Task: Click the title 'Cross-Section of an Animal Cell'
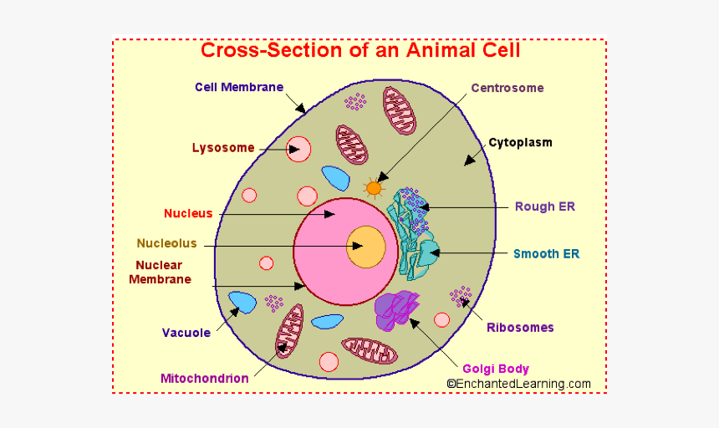coord(359,50)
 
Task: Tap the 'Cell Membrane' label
coord(239,87)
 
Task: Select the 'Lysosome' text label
coord(223,148)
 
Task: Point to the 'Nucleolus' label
coord(167,243)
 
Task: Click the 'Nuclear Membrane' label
coord(160,273)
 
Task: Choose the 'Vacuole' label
coord(186,333)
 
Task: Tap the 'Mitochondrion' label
coord(204,378)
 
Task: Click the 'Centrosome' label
coord(507,88)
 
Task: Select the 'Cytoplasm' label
coord(520,142)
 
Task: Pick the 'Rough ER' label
coord(545,206)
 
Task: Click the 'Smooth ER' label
coord(547,253)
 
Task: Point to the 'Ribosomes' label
coord(520,328)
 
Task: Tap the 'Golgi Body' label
coord(496,369)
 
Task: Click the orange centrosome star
coord(374,188)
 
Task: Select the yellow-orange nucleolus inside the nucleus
coord(366,247)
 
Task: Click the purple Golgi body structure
coord(395,309)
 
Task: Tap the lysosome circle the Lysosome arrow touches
coord(298,150)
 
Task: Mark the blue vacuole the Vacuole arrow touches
coord(242,303)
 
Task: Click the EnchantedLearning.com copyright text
coord(518,384)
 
